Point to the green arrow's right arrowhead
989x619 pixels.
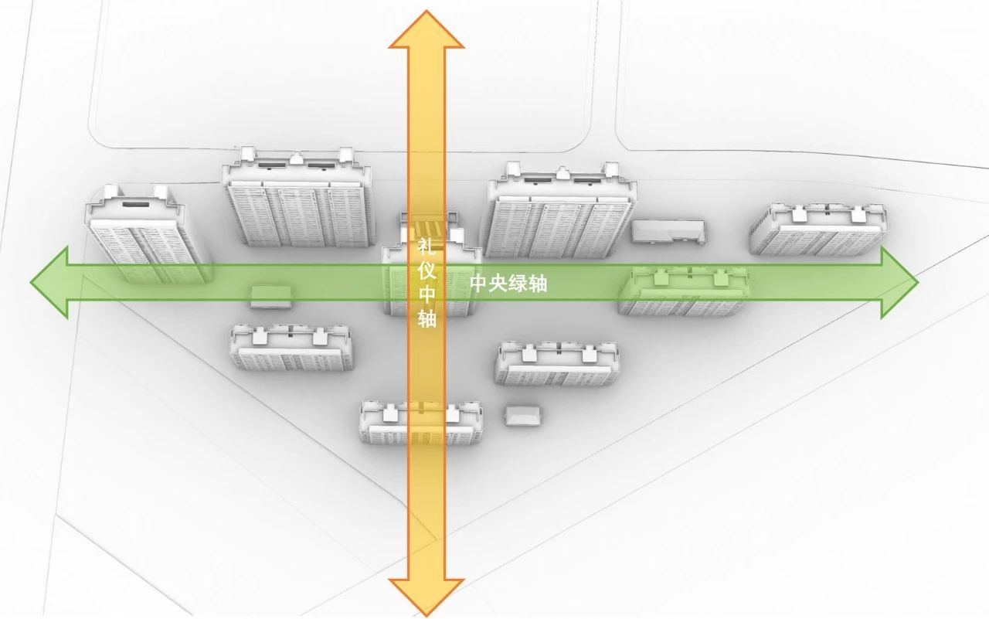[899, 283]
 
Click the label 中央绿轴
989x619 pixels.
[508, 284]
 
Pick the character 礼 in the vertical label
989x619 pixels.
[427, 247]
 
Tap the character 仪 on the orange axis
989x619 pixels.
[427, 270]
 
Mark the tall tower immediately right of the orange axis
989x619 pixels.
[560, 213]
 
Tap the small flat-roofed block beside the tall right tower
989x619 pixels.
[668, 231]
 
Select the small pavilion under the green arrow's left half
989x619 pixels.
[270, 296]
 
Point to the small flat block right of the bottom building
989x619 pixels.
[524, 415]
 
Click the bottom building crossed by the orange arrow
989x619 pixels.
[421, 423]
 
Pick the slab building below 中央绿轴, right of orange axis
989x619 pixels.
[556, 363]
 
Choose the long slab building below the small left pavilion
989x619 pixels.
[291, 348]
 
